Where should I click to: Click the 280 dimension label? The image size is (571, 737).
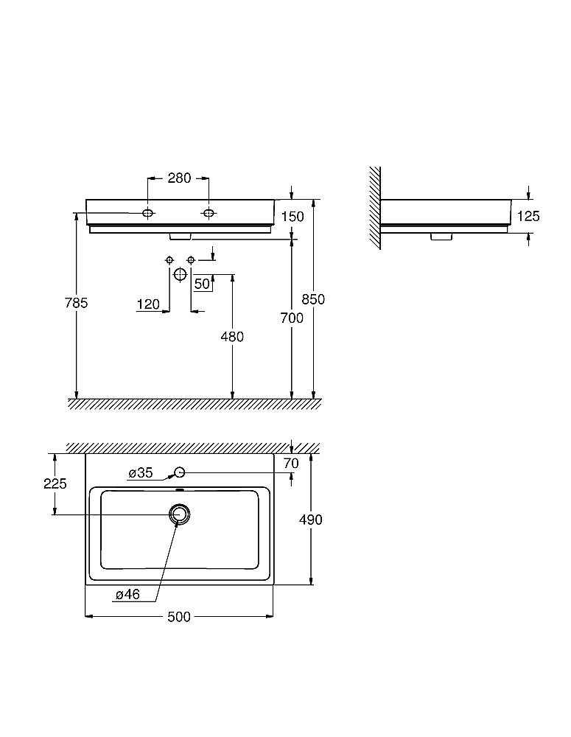click(x=179, y=178)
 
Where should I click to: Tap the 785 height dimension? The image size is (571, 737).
click(x=76, y=303)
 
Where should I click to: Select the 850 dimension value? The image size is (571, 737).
click(x=313, y=299)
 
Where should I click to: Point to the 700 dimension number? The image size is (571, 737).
click(x=292, y=318)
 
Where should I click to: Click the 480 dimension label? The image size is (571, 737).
click(x=233, y=337)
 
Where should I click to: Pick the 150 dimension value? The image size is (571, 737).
click(x=292, y=217)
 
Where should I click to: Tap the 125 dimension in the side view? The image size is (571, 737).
click(x=529, y=216)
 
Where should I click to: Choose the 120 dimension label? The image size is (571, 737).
click(x=149, y=304)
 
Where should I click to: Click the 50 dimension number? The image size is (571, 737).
click(x=202, y=284)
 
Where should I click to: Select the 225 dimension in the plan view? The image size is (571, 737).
click(x=55, y=483)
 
